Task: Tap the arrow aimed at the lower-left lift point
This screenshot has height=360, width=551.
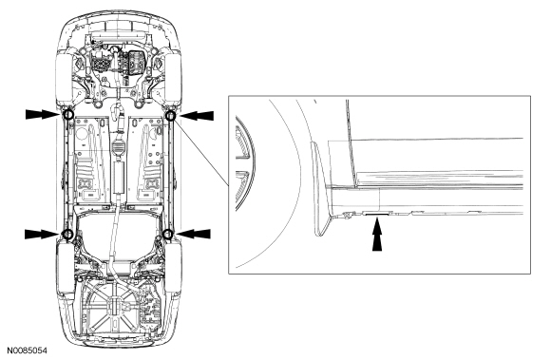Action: point(41,232)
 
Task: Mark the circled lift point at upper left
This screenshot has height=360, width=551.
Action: point(67,115)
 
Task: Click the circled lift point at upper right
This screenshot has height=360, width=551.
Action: point(171,116)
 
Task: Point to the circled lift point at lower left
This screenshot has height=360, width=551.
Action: point(67,233)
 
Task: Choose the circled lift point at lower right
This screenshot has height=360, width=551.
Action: point(167,232)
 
